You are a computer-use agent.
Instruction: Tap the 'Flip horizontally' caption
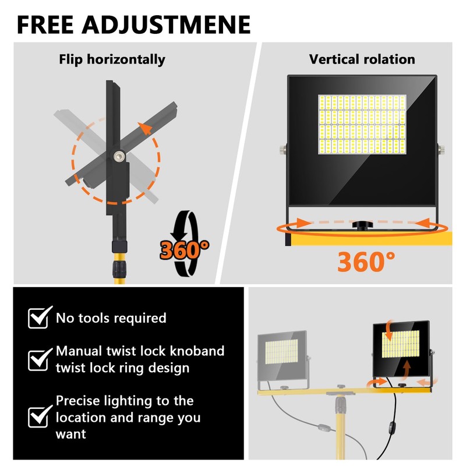click(112, 59)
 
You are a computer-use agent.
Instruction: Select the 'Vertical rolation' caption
click(362, 59)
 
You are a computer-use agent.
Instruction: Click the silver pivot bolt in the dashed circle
click(119, 157)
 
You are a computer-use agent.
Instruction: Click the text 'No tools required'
click(111, 318)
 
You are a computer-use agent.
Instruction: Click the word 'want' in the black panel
click(70, 434)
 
